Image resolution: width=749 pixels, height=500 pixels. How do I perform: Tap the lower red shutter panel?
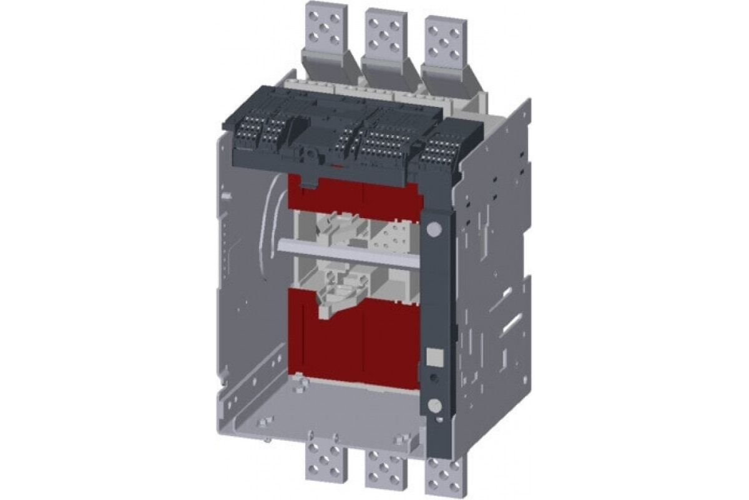[356, 344]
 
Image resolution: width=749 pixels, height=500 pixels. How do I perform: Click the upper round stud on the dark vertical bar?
[434, 229]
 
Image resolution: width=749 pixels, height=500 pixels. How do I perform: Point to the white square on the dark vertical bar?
[432, 357]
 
